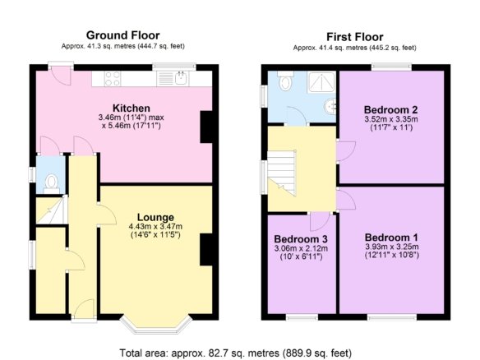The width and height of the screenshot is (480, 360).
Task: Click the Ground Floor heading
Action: [x=122, y=35]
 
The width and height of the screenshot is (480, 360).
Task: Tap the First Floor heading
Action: [x=355, y=37]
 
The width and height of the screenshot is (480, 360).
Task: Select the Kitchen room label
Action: [x=132, y=108]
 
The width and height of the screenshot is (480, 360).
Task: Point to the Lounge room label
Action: [x=155, y=217]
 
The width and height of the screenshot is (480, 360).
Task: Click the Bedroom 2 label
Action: [x=391, y=109]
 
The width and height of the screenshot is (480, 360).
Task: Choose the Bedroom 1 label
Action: [x=391, y=238]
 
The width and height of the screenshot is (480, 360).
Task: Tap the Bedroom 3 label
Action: [x=301, y=239]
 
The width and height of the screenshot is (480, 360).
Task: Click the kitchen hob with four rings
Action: [x=113, y=78]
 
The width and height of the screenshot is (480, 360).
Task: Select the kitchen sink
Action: [x=181, y=78]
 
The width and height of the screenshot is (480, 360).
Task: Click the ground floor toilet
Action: [x=52, y=183]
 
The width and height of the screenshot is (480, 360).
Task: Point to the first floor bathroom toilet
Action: [x=285, y=81]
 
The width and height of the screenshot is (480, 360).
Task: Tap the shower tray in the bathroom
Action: [x=321, y=82]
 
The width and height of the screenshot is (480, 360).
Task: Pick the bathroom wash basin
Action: [x=330, y=106]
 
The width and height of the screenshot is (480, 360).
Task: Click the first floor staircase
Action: [x=282, y=173]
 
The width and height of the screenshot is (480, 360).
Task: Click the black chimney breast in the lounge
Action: [x=206, y=250]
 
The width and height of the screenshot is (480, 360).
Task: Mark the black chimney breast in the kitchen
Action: [x=206, y=127]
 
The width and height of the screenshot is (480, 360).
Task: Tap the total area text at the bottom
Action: [x=235, y=353]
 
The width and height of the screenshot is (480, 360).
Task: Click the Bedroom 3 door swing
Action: [x=320, y=221]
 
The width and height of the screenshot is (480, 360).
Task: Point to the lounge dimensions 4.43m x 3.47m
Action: [x=155, y=227]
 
